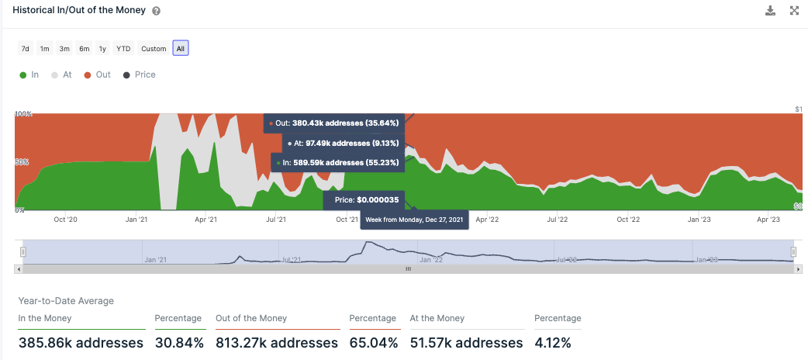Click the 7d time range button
point(25,48)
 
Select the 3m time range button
point(64,48)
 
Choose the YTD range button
point(123,48)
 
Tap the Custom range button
point(154,48)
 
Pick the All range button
point(181,48)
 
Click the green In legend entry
point(29,75)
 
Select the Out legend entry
point(98,75)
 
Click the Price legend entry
point(140,75)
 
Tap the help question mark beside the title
point(157,12)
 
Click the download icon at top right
point(770,11)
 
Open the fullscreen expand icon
point(794,11)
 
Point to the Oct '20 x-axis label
point(66,220)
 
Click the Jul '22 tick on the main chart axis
point(558,220)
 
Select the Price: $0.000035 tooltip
point(367,200)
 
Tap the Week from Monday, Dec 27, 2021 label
point(415,219)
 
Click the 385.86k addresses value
point(81,342)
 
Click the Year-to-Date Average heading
point(66,300)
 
